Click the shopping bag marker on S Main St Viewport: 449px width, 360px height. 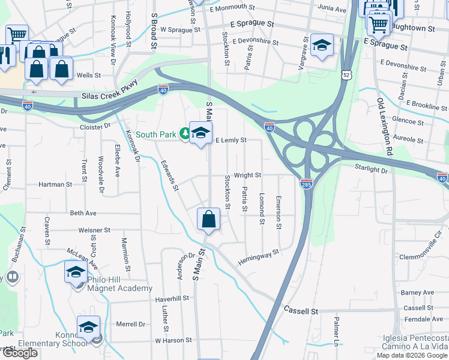click(x=208, y=220)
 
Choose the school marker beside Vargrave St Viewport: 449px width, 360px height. click(x=322, y=46)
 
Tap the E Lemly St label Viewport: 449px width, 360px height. click(x=231, y=140)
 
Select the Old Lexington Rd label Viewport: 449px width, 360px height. click(x=385, y=127)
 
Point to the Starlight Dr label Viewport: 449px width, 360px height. click(x=372, y=170)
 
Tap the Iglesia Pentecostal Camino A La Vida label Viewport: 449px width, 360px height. click(x=415, y=342)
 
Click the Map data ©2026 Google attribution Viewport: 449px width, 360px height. click(x=412, y=355)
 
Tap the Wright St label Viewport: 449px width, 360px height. click(x=247, y=175)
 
